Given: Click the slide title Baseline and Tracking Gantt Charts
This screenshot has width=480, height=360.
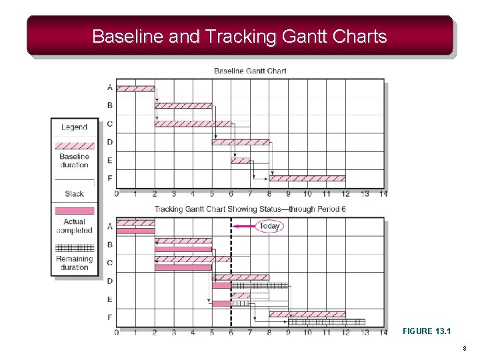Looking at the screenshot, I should [x=239, y=36].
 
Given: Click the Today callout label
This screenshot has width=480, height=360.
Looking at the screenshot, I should [x=269, y=226].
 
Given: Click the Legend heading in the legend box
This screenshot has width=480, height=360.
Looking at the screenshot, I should [x=74, y=127].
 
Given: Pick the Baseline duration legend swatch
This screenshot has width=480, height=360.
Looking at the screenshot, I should [x=74, y=145].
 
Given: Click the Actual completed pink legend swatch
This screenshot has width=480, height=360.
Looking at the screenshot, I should [x=74, y=211].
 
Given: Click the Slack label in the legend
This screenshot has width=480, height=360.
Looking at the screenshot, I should [x=74, y=194].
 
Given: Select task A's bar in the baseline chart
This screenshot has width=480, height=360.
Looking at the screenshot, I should [x=135, y=87].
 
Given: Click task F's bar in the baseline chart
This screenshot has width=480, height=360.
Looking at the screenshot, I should [x=307, y=178].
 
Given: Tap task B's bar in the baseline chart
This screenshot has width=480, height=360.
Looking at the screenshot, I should [x=183, y=105].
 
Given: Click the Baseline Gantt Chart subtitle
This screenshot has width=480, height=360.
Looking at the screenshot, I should [x=250, y=71].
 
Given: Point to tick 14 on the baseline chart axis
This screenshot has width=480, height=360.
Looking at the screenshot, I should [x=383, y=194].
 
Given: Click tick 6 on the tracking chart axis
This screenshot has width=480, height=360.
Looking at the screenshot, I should [x=231, y=332].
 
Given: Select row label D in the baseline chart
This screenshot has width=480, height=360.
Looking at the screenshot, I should [x=109, y=142].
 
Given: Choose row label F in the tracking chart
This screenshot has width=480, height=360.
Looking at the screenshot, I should [x=109, y=317].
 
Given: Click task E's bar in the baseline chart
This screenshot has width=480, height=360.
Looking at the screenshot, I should [x=241, y=160].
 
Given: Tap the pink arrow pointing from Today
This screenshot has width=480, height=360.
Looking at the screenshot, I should [x=245, y=226].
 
